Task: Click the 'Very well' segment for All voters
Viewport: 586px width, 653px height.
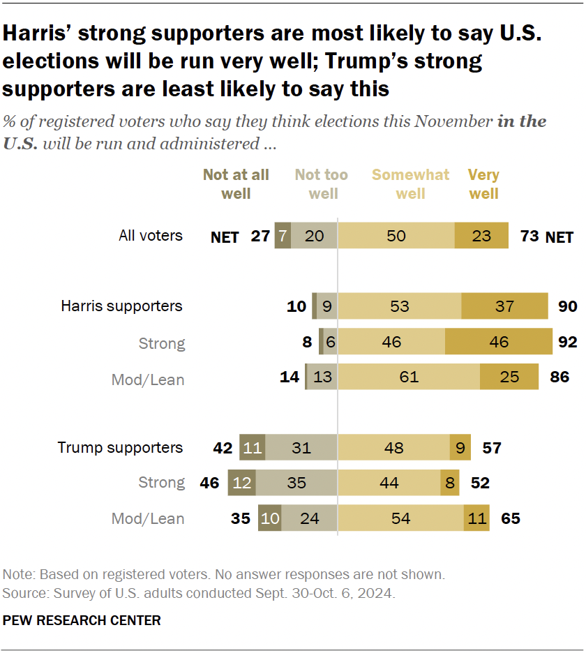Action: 482,236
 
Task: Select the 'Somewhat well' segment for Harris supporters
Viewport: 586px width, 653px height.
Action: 399,306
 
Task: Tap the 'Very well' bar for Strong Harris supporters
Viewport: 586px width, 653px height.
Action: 499,342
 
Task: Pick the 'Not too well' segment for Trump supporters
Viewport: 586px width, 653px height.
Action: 301,447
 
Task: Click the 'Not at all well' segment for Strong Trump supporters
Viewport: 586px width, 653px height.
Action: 242,482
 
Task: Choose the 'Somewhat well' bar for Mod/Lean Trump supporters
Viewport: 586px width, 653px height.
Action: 401,518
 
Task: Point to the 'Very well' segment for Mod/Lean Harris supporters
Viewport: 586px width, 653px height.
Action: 509,377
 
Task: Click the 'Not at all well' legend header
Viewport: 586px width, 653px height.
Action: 236,183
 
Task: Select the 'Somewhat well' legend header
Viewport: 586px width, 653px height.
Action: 410,183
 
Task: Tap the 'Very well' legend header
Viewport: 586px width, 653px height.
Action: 483,183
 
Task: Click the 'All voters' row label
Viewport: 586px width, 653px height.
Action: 151,236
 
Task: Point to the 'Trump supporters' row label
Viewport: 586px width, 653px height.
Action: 120,447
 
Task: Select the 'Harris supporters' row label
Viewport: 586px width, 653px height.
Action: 121,306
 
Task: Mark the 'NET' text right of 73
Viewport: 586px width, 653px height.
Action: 559,237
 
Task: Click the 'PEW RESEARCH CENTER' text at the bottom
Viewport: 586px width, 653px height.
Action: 82,620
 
